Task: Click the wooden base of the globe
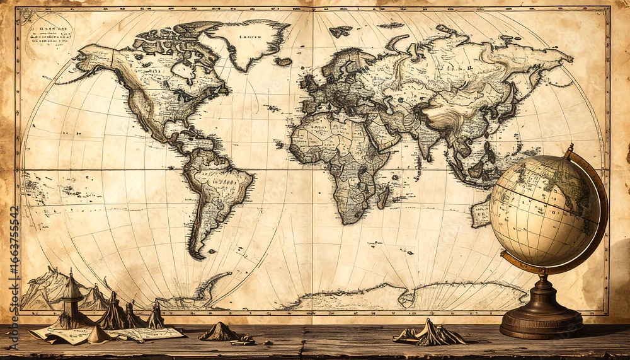541,318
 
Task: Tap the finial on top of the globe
570,149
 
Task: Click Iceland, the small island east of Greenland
283,61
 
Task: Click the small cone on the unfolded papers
98,334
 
